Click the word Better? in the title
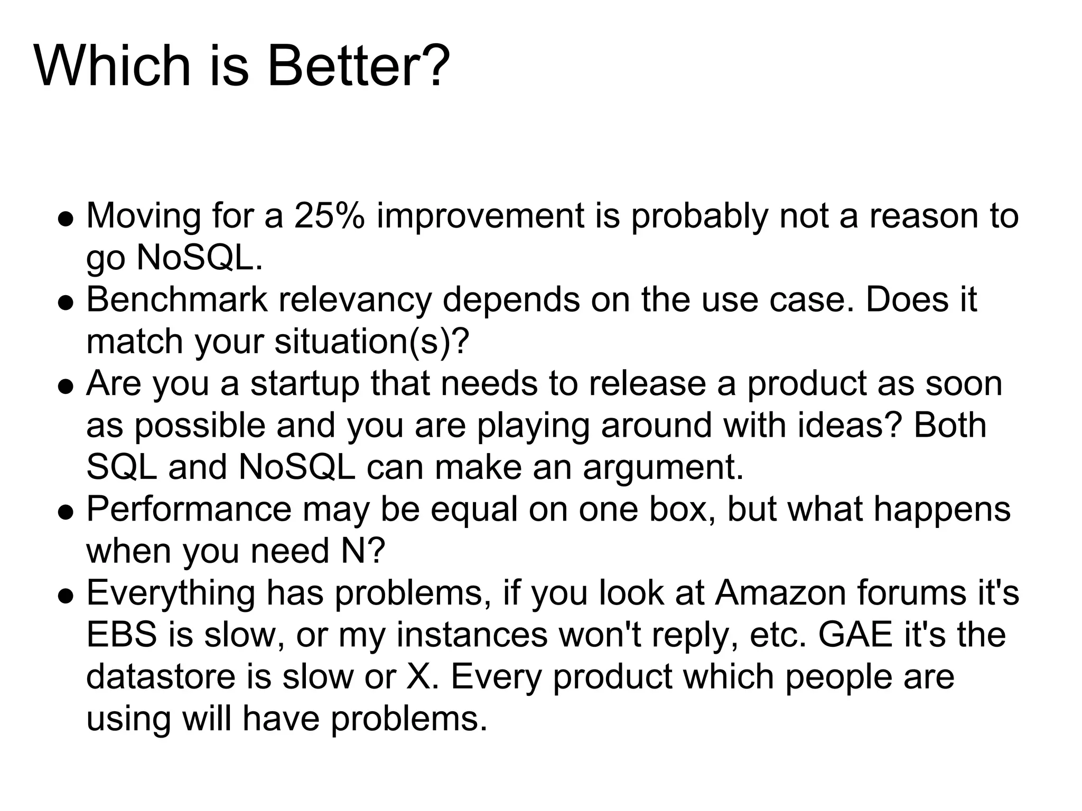pos(359,66)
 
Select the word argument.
pos(663,467)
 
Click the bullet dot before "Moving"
pos(66,219)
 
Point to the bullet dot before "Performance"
pos(66,512)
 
